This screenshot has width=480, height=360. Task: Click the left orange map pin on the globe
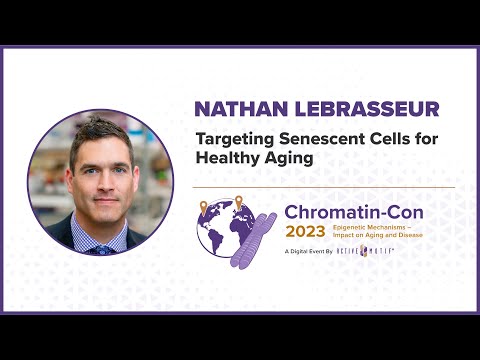[x=205, y=207]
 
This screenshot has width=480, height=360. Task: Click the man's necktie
[x=100, y=248]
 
